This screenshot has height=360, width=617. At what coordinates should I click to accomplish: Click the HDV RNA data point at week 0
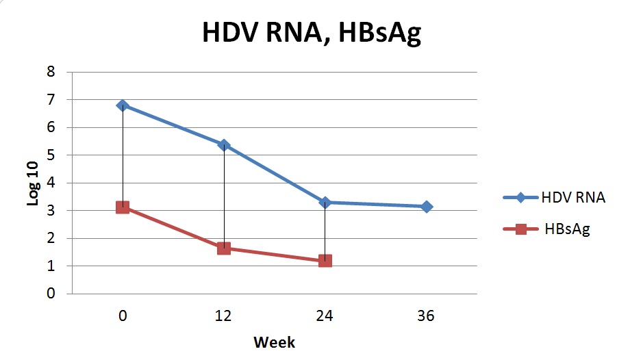pyautogui.click(x=123, y=105)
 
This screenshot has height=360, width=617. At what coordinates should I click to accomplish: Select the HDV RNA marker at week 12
pyautogui.click(x=224, y=145)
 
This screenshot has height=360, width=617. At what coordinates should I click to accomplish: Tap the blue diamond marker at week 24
pyautogui.click(x=325, y=203)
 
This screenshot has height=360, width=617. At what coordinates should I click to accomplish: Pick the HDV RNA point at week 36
pyautogui.click(x=427, y=207)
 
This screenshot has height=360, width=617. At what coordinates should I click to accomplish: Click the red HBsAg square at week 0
pyautogui.click(x=123, y=207)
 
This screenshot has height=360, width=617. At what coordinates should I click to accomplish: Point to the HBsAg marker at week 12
pyautogui.click(x=224, y=248)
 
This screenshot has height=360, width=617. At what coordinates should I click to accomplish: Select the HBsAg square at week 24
pyautogui.click(x=325, y=261)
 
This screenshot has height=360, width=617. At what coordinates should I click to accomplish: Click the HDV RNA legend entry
pyautogui.click(x=554, y=197)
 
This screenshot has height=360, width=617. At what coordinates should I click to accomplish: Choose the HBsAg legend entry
pyautogui.click(x=547, y=229)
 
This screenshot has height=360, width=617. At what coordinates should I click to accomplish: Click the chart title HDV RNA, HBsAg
pyautogui.click(x=312, y=32)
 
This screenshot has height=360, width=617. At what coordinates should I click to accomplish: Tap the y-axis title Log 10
pyautogui.click(x=33, y=183)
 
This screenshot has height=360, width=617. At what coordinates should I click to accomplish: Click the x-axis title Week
pyautogui.click(x=275, y=342)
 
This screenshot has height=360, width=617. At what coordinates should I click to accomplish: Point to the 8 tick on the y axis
pyautogui.click(x=51, y=72)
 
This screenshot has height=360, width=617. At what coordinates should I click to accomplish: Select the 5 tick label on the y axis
pyautogui.click(x=51, y=155)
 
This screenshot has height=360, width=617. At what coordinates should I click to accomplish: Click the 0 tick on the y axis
pyautogui.click(x=51, y=293)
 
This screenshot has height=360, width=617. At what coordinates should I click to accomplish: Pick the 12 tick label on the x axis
pyautogui.click(x=223, y=316)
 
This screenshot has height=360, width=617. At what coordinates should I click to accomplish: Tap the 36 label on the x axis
pyautogui.click(x=426, y=316)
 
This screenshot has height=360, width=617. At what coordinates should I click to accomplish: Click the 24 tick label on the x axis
pyautogui.click(x=325, y=316)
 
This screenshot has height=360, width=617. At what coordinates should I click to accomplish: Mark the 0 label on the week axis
pyautogui.click(x=123, y=316)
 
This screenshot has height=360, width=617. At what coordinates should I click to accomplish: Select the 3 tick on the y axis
pyautogui.click(x=51, y=210)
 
